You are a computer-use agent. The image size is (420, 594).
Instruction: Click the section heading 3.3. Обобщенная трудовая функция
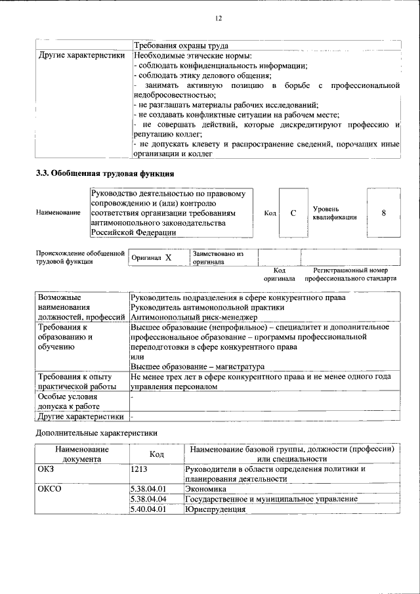[x=104, y=174]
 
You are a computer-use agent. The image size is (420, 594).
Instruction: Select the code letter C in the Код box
[x=293, y=213]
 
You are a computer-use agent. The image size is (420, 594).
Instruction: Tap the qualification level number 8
[x=383, y=213]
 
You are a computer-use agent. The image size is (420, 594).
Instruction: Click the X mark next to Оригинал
[x=168, y=258]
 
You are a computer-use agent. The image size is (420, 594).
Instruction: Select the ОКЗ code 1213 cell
[x=139, y=469]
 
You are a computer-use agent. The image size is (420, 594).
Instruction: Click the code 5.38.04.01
[x=148, y=489]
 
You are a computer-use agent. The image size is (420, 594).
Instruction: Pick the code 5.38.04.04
[x=148, y=499]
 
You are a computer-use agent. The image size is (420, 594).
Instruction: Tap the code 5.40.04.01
[x=148, y=509]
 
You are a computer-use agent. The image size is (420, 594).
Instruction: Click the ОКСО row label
[x=49, y=489]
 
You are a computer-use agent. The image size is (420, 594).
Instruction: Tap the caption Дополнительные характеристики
[x=96, y=433]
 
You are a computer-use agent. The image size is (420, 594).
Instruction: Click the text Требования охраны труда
[x=180, y=46]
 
